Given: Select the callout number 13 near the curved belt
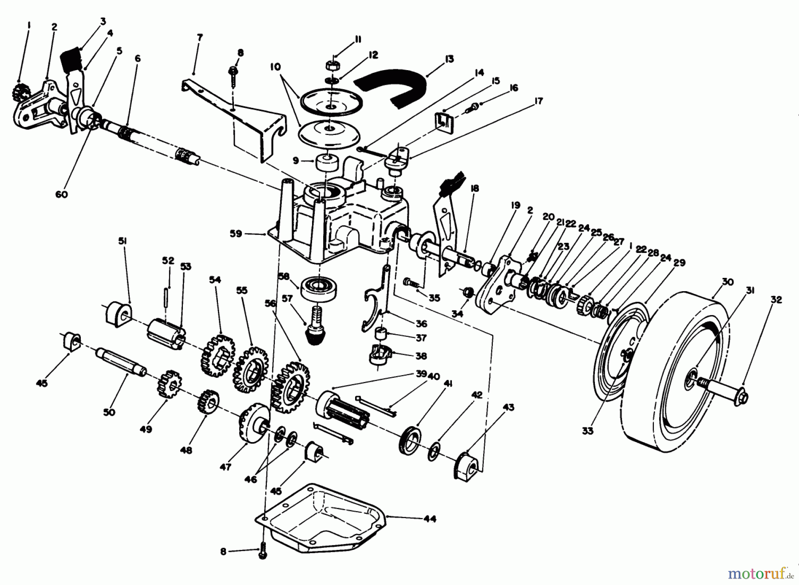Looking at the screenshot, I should click(x=449, y=59).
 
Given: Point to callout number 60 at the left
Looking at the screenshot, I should click(x=62, y=194).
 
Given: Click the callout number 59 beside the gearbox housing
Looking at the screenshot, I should click(x=236, y=233).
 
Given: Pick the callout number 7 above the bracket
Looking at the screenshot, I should click(x=199, y=38).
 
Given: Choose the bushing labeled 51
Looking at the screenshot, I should click(x=117, y=314).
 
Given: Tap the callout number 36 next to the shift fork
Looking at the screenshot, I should click(x=421, y=324).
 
